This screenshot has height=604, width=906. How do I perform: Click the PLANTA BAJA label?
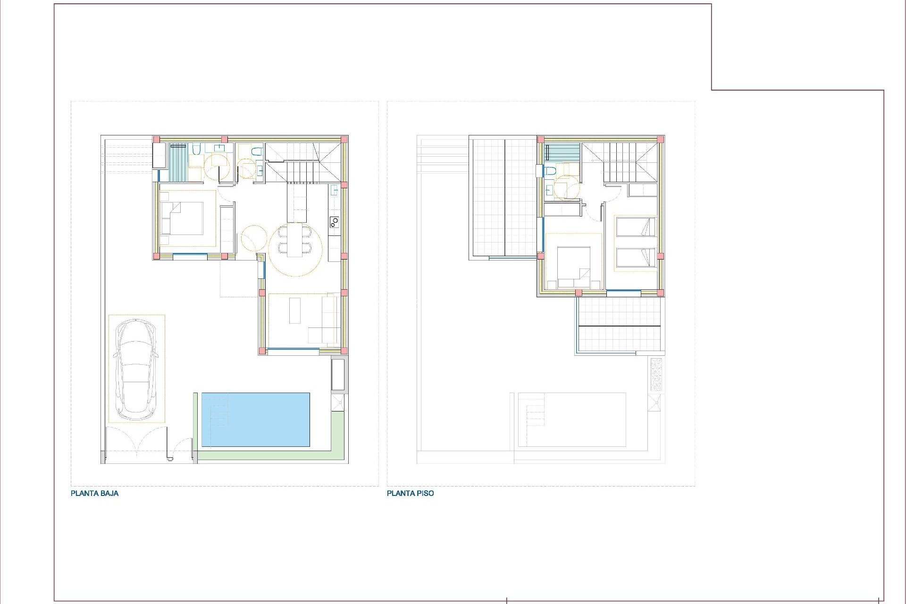point(94,493)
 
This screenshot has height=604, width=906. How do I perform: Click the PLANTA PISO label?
point(410,493)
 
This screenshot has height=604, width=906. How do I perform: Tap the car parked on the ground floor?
point(136,369)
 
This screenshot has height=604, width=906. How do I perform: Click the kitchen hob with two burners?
point(334,222)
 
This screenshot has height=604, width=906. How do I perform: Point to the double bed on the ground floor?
point(182,218)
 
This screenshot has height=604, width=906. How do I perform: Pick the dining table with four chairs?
point(295,240)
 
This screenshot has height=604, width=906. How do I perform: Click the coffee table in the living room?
point(295,310)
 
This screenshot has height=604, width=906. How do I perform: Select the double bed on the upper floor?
point(574,267)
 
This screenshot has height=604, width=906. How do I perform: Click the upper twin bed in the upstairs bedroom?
point(636,227)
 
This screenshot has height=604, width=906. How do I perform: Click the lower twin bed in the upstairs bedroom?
point(636,258)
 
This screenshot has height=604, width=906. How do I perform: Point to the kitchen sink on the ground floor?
point(334,191)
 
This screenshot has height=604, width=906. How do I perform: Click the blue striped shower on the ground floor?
point(178,162)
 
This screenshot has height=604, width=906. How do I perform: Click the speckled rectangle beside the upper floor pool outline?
point(656,374)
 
